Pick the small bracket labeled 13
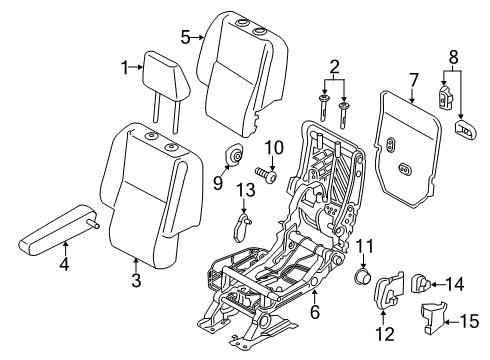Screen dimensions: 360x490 [x=244, y=226]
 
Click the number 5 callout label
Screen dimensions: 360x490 [x=186, y=36]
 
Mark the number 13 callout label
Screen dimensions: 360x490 [x=246, y=191]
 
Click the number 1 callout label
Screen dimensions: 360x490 [x=125, y=68]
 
